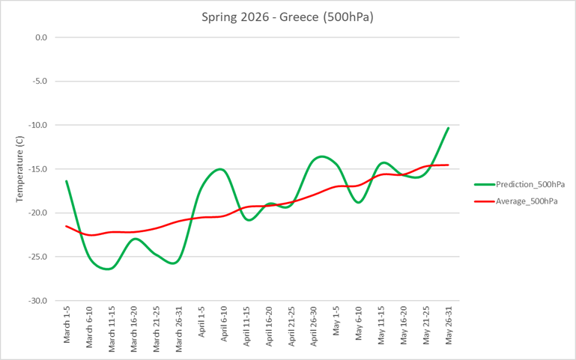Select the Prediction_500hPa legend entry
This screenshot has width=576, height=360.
[530, 184]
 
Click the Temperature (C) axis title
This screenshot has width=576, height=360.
[20, 168]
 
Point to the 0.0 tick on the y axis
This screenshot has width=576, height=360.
[40, 37]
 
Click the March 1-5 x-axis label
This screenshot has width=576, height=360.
[67, 326]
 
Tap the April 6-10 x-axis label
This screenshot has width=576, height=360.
[224, 326]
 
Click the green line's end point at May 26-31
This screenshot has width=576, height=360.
[448, 128]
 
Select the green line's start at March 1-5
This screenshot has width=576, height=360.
[66, 181]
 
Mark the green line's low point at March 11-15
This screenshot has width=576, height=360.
[109, 268]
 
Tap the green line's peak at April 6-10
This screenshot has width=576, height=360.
[222, 169]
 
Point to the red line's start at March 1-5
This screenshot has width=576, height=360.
[66, 226]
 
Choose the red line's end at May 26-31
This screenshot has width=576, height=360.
[448, 165]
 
